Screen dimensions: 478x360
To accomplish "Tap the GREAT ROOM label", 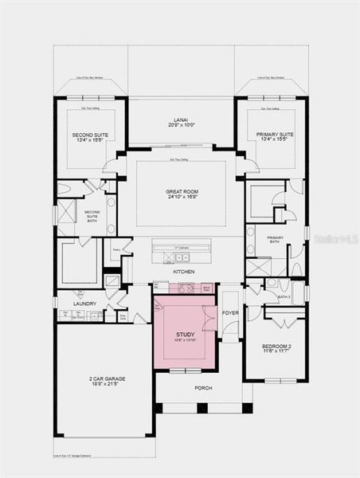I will point(182,191).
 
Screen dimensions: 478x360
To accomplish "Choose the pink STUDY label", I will point(184,335).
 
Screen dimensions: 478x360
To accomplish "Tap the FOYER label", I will point(230,313).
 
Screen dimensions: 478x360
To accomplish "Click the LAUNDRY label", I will point(84,304).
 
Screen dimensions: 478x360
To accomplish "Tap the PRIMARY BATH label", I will point(275,240).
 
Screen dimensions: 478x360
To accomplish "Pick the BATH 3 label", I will point(284,296).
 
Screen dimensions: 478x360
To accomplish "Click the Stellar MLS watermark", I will point(338,237).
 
